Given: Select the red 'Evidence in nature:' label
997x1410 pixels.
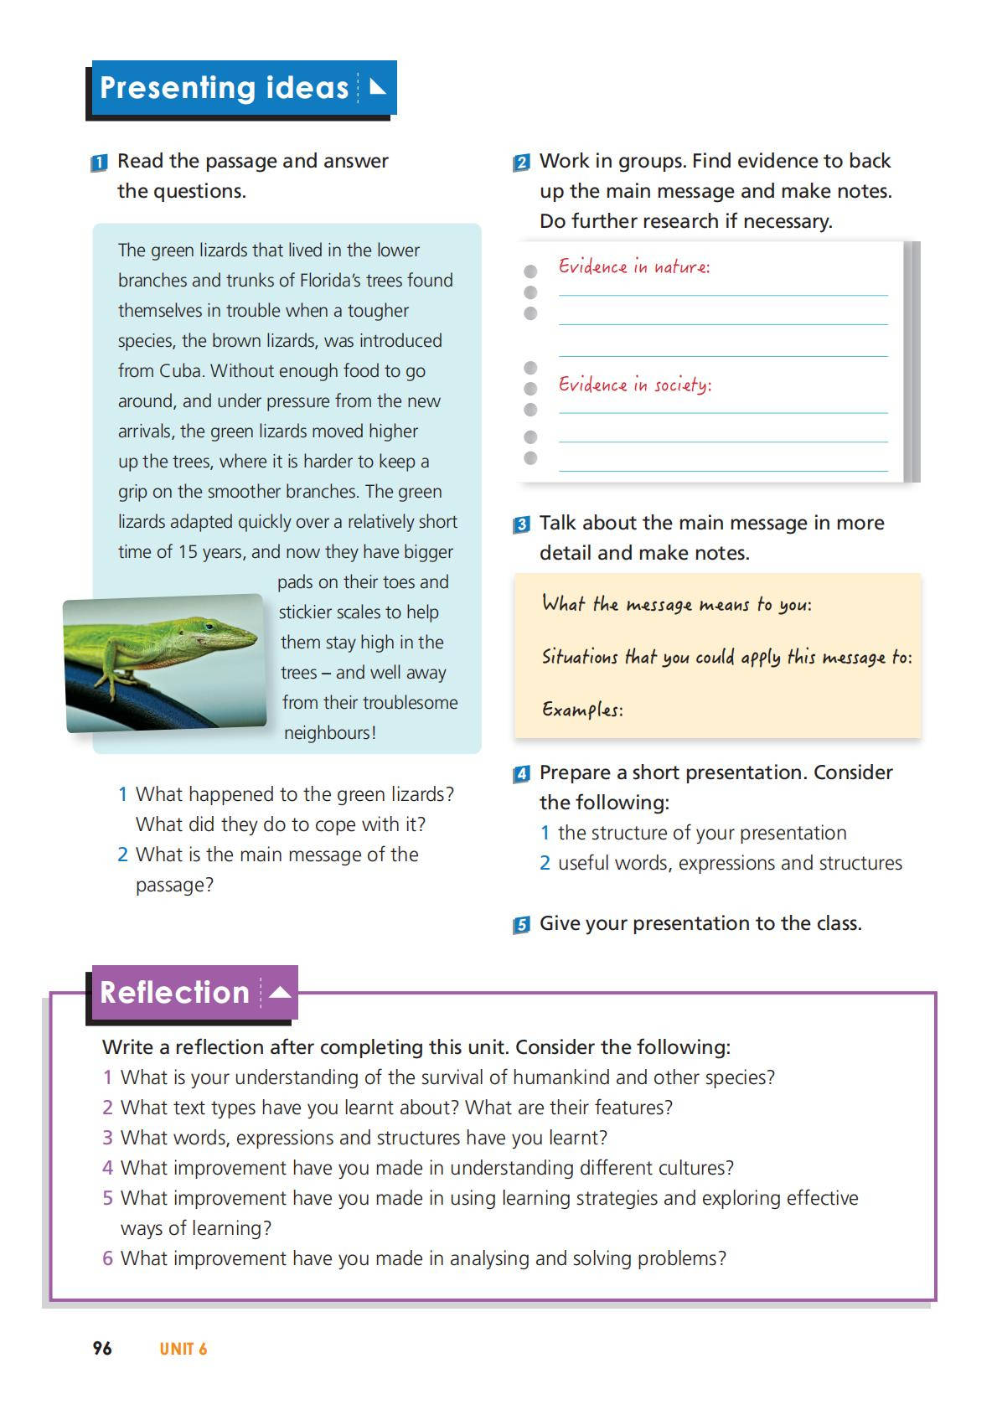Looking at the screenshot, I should click(634, 267).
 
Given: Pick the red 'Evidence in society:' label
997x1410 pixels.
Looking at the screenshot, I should click(635, 385).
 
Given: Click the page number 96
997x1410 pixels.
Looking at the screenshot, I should click(102, 1348).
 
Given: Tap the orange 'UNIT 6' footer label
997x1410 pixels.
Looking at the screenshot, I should click(183, 1349).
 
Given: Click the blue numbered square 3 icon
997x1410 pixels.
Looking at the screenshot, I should click(521, 525).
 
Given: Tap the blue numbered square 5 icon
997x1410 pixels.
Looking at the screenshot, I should click(521, 925).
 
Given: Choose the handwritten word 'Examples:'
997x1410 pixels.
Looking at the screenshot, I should click(582, 710).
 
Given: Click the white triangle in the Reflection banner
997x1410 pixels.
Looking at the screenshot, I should click(281, 993).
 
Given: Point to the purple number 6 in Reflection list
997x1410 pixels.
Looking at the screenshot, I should click(107, 1258).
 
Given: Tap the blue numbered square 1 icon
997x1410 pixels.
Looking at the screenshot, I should click(99, 163).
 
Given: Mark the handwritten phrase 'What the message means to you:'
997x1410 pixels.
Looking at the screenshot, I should click(676, 605).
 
